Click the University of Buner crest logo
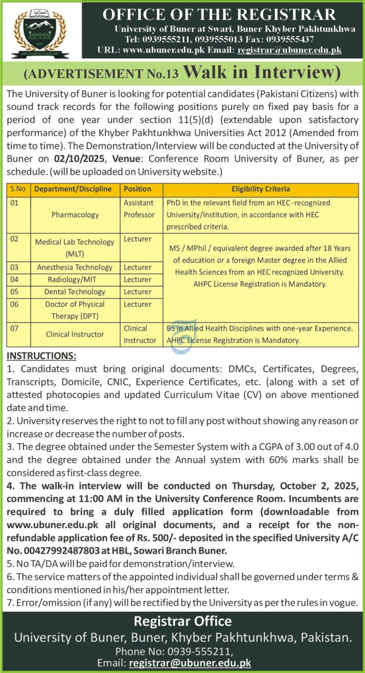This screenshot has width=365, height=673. [x=40, y=34]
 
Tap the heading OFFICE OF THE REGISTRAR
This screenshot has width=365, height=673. [x=219, y=15]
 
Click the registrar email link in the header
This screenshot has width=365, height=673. [x=289, y=50]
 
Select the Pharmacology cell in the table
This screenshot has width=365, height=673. [x=75, y=215]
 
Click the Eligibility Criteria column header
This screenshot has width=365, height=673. [x=260, y=189]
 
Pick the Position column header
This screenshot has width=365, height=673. [x=137, y=189]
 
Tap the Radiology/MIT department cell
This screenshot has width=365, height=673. [x=75, y=280]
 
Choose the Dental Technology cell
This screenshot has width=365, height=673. [x=75, y=292]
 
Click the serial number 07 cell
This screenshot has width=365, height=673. [x=15, y=328]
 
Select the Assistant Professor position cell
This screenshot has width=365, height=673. [x=139, y=209]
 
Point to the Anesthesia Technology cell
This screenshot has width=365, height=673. [x=75, y=267]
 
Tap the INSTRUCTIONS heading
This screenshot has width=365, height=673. [x=41, y=356]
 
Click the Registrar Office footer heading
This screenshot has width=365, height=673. [x=182, y=621]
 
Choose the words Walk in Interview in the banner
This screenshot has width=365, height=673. [x=261, y=73]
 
